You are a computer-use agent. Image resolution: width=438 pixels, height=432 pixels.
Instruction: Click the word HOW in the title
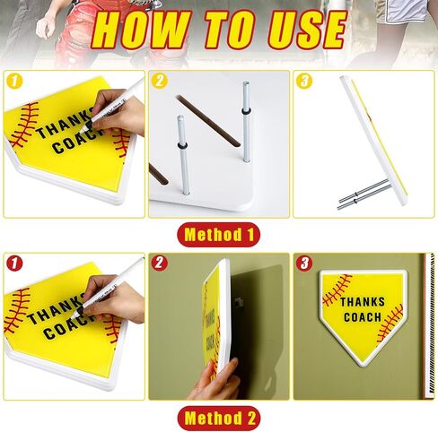(140, 30)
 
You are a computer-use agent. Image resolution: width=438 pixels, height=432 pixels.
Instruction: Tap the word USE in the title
(307, 30)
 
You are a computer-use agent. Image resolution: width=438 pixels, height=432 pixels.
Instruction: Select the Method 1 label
(219, 235)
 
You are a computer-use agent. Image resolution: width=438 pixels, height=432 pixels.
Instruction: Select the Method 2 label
(219, 418)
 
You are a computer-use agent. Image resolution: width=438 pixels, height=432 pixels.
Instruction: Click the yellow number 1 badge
(14, 82)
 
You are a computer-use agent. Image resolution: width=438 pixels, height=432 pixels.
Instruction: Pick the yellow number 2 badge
(159, 82)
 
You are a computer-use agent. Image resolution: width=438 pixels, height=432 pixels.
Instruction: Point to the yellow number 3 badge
(304, 82)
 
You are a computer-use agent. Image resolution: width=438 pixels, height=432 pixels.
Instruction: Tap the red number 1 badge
(14, 264)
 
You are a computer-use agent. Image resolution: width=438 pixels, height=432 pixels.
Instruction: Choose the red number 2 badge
(159, 264)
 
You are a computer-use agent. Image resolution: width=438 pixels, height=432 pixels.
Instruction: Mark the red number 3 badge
(304, 264)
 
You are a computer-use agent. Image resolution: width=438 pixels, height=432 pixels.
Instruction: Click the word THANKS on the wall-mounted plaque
(363, 302)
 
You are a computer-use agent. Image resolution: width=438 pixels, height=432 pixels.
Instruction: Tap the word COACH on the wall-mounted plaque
(363, 317)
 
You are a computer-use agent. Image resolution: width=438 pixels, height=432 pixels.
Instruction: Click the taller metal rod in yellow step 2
(246, 122)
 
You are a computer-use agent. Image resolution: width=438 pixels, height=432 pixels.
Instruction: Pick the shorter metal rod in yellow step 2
(183, 155)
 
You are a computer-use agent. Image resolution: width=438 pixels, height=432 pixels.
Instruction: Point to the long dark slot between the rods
(208, 121)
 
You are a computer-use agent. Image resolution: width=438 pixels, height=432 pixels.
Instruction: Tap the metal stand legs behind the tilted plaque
(364, 194)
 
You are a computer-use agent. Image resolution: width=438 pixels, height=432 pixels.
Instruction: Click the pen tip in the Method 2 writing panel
(73, 315)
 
